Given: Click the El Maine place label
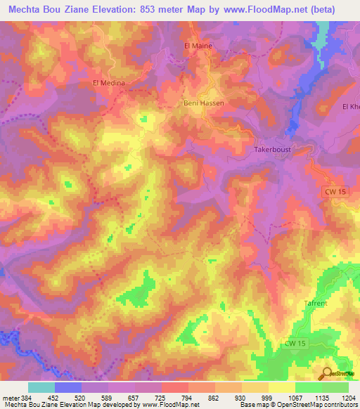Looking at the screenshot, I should click(x=198, y=46).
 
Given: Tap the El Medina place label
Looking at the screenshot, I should click(x=109, y=83).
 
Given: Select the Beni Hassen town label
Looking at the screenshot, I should click(x=204, y=103).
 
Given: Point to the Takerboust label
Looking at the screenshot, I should click(x=272, y=150).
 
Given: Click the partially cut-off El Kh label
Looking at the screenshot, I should click(x=350, y=107).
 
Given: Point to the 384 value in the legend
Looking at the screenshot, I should click(x=26, y=397).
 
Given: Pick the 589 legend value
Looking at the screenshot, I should click(x=107, y=397).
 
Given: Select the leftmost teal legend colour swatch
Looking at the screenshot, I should click(x=41, y=387).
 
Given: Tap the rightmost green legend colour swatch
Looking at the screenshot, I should click(x=335, y=387).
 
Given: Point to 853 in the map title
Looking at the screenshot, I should click(x=160, y=9).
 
